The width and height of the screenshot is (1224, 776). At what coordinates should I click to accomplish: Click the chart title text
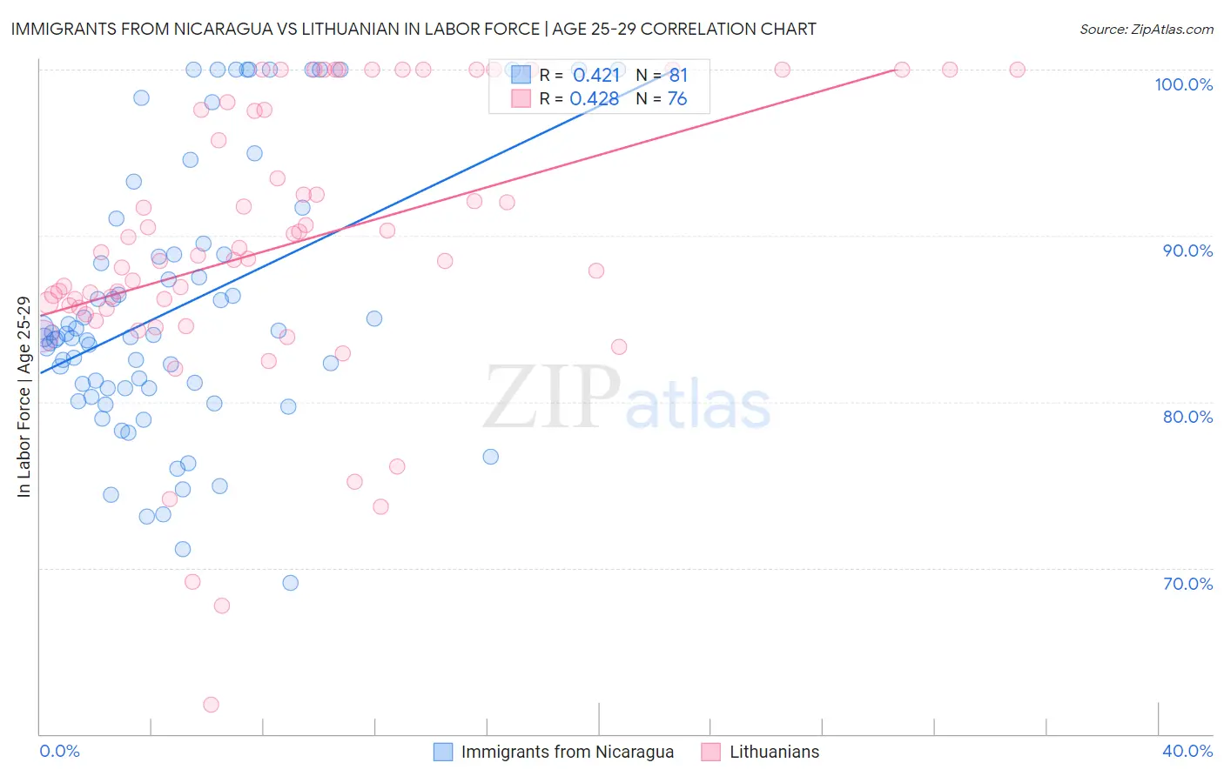point(414,29)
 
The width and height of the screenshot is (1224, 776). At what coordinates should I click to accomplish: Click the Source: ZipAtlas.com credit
point(1146,30)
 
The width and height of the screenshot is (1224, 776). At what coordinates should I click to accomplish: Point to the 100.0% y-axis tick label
point(1183,84)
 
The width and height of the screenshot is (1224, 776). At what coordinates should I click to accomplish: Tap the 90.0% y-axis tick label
point(1187,251)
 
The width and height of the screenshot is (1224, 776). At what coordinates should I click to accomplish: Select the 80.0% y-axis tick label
point(1187,417)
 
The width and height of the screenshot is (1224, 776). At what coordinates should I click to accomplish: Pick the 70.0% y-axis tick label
point(1187,584)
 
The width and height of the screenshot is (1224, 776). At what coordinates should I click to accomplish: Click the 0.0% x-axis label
point(59,751)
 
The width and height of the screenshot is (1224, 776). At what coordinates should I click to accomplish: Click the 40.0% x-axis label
point(1187,751)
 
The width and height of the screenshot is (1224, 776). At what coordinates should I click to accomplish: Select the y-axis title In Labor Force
point(24,397)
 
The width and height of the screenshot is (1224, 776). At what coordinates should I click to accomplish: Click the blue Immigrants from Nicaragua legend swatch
point(443,752)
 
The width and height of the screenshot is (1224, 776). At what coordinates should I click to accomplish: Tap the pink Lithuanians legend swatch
point(711,752)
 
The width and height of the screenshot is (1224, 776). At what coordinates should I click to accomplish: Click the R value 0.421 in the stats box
point(596,75)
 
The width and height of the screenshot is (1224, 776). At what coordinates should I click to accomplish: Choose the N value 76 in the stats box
point(677,99)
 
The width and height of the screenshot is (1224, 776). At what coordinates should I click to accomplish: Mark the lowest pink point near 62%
point(211,705)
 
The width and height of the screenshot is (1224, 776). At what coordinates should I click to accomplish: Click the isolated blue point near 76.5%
point(491,457)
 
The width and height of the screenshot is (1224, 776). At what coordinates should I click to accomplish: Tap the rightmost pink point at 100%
point(1017,70)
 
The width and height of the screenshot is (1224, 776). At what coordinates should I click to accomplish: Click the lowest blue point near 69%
point(291,583)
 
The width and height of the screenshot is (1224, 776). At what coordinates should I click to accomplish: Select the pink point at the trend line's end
point(902,70)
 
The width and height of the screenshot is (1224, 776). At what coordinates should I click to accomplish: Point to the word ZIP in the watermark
point(552,398)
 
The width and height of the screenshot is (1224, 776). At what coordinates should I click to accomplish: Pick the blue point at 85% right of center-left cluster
point(374,318)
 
